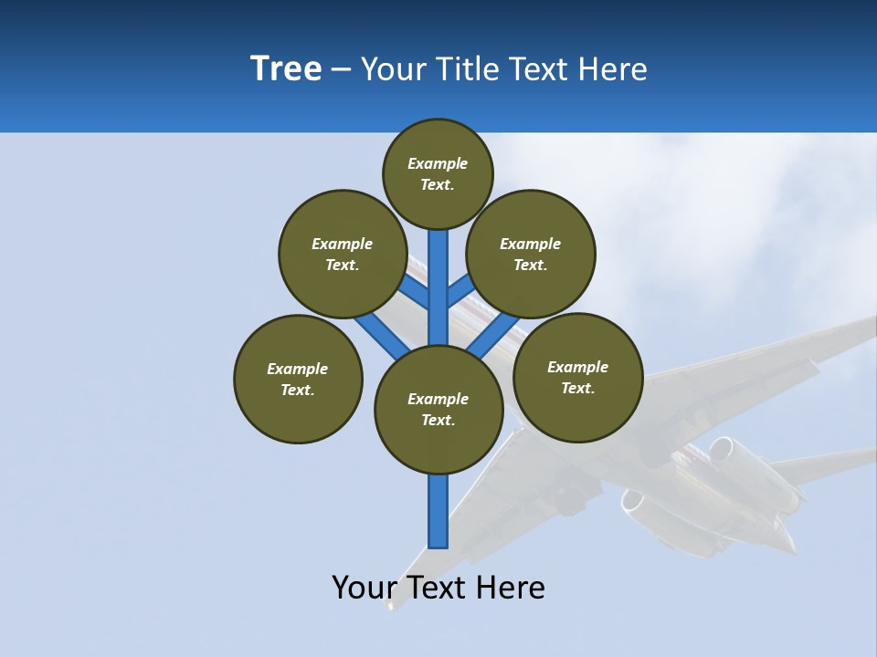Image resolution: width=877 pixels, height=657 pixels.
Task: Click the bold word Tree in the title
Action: pos(286,69)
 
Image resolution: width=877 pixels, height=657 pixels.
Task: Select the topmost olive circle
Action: pos(438,173)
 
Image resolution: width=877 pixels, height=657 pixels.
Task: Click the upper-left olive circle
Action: pos(342,254)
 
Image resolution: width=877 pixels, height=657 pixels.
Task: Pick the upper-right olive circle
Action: pos(531,254)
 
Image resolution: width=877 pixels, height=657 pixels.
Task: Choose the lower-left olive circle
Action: pos(298,379)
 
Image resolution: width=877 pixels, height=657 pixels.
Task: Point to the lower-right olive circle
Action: pos(577,377)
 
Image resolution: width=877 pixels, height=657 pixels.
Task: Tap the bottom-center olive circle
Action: pos(438,409)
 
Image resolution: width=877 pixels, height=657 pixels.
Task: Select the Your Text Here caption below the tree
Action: pos(438,588)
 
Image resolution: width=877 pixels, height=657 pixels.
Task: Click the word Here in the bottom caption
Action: pos(512,588)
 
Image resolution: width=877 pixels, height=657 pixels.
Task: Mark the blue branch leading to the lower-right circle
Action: pos(493,335)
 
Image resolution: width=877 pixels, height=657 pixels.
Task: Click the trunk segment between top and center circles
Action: pos(438,287)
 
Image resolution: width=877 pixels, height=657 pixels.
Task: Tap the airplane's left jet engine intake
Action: pos(631,503)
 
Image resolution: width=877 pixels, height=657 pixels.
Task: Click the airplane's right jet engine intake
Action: pos(723,449)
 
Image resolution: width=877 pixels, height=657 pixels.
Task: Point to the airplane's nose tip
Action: pos(392,606)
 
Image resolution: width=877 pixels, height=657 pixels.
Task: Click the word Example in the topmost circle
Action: pos(437,164)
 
